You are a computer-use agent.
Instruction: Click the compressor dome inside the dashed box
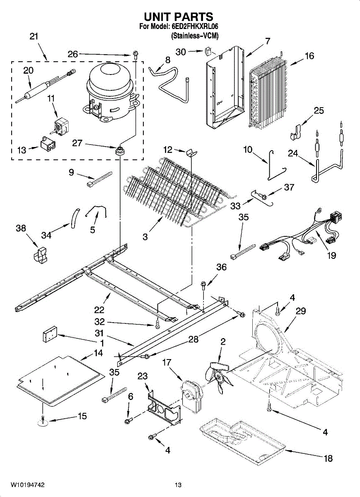[x=110, y=81]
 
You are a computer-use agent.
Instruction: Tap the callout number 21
[x=34, y=36]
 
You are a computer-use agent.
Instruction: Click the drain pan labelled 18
[x=240, y=439]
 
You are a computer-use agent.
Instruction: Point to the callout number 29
[x=300, y=311]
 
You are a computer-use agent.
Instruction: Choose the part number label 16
[x=309, y=56]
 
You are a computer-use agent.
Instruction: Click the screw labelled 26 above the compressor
[x=135, y=53]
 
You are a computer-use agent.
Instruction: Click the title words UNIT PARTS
[x=179, y=17]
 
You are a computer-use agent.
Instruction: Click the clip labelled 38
[x=40, y=255]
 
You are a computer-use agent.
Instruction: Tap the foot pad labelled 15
[x=43, y=421]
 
